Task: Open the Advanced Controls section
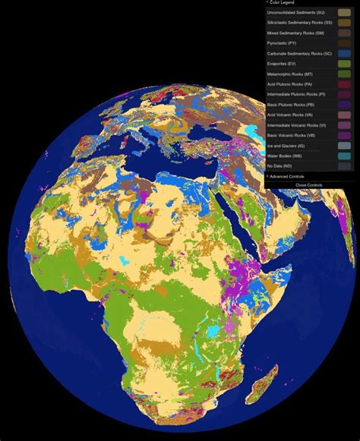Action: (x=288, y=175)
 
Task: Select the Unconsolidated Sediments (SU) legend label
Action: (x=296, y=13)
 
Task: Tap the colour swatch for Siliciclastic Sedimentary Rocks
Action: (x=344, y=23)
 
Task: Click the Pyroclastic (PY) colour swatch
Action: (x=344, y=43)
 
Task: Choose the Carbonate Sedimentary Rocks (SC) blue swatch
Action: (x=344, y=54)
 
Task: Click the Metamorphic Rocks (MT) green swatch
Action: (x=344, y=74)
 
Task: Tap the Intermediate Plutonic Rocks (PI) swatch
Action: (x=344, y=94)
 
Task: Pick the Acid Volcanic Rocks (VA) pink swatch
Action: (x=344, y=115)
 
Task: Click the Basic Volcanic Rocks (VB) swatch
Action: (x=344, y=135)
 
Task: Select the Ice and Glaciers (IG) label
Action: (x=288, y=145)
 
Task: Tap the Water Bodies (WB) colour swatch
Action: (x=344, y=156)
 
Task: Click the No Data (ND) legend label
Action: (x=279, y=165)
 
